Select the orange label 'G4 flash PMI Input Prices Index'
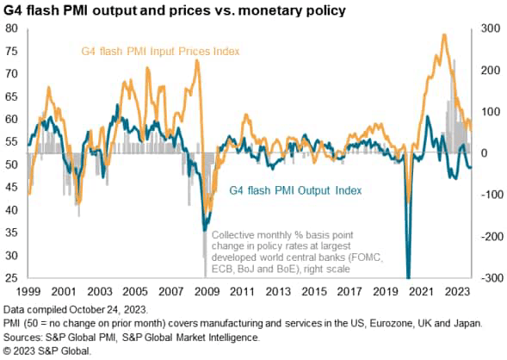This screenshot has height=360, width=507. [159, 53]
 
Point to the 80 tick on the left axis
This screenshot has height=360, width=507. [12, 28]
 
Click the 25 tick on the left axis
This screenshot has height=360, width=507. [12, 278]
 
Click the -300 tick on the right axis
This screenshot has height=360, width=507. [485, 278]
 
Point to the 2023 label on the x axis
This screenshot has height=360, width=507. [453, 292]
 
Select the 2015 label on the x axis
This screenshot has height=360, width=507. [313, 292]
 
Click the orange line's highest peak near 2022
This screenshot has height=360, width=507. [443, 35]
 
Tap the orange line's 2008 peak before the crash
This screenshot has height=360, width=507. [197, 61]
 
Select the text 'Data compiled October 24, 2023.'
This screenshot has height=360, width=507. [77, 308]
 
